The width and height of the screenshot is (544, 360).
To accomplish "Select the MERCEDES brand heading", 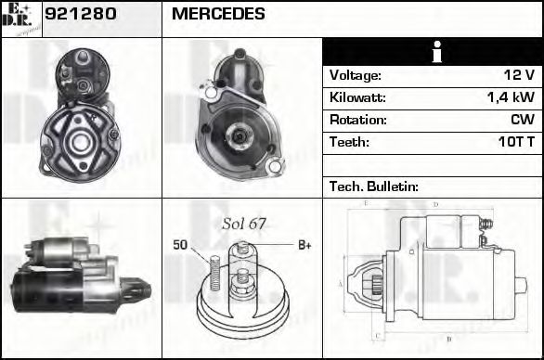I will [218, 15].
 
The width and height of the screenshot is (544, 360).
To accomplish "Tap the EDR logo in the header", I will [20, 18].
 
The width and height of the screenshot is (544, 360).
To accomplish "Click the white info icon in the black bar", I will [433, 53].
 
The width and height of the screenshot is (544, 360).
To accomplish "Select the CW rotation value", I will [522, 120].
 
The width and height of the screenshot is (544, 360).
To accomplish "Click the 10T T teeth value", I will [515, 142].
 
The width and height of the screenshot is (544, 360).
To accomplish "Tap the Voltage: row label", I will [356, 75].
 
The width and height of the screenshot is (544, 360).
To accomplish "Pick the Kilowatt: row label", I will [357, 97].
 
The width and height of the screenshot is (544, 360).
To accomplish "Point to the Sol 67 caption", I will [244, 224].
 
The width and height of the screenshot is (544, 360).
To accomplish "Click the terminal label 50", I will [180, 245].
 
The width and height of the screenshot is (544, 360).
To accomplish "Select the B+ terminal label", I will [304, 245].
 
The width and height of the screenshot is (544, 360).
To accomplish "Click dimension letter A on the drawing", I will [341, 283].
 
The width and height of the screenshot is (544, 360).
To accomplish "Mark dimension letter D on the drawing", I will [434, 202].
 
